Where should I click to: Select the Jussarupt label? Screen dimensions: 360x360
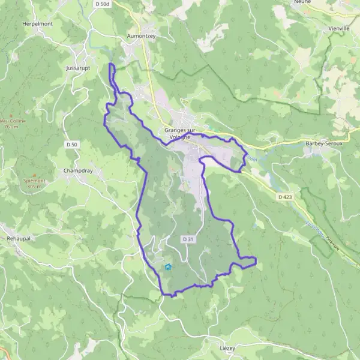tap(79, 68)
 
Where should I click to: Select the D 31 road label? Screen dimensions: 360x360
tap(188, 239)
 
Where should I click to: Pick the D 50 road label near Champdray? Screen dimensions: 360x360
tap(71, 145)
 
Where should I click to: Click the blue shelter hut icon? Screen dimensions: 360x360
tap(167, 268)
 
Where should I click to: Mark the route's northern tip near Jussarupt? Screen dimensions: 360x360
tap(111, 64)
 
